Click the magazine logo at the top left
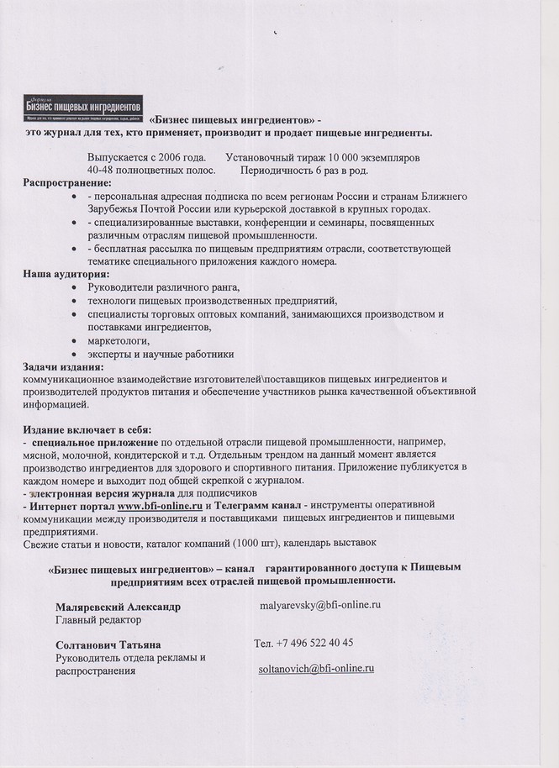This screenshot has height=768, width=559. (83, 108)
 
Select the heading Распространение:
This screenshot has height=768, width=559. (66, 182)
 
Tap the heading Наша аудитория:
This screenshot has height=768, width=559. (66, 274)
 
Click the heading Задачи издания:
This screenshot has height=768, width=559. (63, 366)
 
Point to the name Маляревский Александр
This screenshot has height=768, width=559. (118, 607)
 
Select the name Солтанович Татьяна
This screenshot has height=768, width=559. (108, 644)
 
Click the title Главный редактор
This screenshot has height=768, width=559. (98, 620)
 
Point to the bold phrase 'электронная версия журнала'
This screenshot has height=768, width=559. (102, 493)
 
